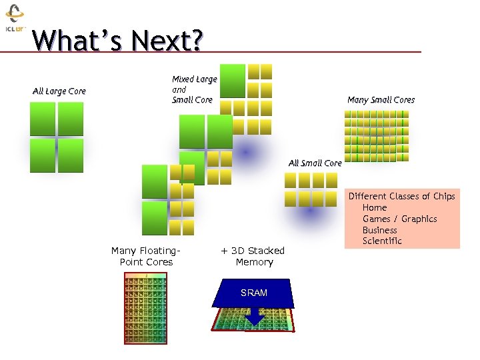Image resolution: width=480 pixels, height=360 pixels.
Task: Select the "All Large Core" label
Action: coord(59,91)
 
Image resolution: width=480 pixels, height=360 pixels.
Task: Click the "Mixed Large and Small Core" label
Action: coord(194,89)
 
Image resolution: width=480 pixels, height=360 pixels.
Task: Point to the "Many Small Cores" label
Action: coord(381,100)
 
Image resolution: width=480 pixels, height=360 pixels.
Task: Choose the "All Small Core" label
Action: coord(315,163)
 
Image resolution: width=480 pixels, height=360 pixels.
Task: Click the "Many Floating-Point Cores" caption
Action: coord(146,256)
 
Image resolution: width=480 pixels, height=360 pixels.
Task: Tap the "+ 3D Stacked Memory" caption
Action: coord(253,256)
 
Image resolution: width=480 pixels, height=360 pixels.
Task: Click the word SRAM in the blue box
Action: coord(253,293)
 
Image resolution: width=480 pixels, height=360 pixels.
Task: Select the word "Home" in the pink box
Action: coord(374,207)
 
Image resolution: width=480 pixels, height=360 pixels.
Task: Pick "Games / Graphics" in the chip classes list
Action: coord(399,219)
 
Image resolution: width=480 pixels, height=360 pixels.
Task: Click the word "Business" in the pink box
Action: coord(380,230)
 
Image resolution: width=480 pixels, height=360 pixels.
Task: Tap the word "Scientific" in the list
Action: coord(382,241)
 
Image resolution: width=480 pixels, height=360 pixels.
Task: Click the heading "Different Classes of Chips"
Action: coord(401,196)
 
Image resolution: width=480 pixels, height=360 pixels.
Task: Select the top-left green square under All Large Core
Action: coord(43,119)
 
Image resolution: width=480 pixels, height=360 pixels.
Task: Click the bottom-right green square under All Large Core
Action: coord(71,155)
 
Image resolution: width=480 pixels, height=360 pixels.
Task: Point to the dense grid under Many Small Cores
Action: coord(376,136)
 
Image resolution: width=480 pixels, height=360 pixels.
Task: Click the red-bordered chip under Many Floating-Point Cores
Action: coord(145,308)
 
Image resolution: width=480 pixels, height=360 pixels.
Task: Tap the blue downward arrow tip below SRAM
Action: coord(254,323)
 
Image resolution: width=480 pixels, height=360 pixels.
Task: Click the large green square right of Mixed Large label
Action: coord(233,81)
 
